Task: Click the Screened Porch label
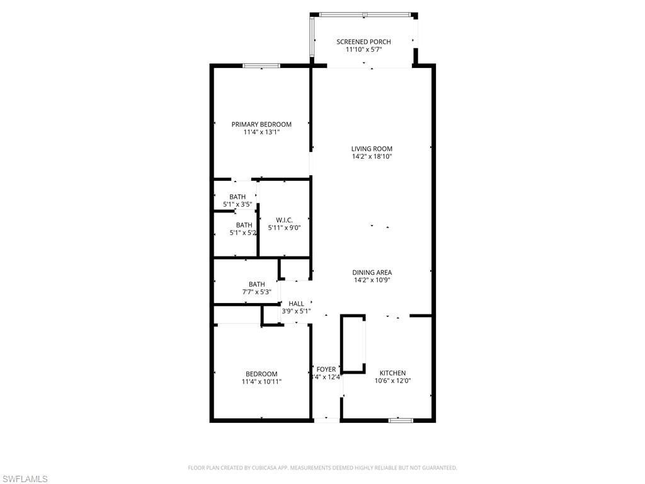pos(368,42)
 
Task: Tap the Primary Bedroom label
pos(261,124)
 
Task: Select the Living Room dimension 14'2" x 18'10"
pos(372,157)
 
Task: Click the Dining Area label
pos(372,272)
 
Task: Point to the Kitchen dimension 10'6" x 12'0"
pos(392,381)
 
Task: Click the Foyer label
pos(326,369)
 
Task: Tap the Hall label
pos(296,304)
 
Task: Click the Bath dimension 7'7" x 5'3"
pos(256,292)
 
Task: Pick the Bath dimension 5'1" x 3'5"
pos(237,205)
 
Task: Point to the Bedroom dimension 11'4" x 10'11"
pos(261,381)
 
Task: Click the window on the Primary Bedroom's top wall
pos(261,66)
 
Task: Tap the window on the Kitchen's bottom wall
pos(401,420)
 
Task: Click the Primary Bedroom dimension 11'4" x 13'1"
pos(261,132)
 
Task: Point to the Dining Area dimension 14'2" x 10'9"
pos(372,280)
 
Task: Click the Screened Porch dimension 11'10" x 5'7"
pos(368,49)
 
